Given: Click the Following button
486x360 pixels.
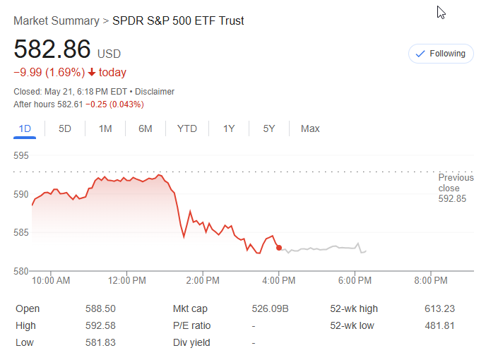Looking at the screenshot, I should coord(441,54).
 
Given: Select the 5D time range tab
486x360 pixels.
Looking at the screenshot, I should coord(65,128).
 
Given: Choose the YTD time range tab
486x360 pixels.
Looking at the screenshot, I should coord(187,128).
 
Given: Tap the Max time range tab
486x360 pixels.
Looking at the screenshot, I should coord(310,128).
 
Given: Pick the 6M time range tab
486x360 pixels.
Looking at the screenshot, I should coord(146,128).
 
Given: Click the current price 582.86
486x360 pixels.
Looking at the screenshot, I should coord(52,49).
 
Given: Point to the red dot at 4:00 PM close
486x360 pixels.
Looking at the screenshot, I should coord(279,248).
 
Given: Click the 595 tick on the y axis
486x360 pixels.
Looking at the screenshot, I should coord(21,155).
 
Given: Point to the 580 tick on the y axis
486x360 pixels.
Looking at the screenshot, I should coord(21,271).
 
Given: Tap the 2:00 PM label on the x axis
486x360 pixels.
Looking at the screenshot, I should coord(203,281).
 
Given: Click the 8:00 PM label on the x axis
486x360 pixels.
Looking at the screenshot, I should coord(431,281).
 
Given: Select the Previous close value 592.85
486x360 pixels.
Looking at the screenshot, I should coord(452,199).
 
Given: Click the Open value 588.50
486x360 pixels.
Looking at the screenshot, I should coord(101,308).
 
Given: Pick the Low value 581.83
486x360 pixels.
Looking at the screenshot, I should coord(101,342).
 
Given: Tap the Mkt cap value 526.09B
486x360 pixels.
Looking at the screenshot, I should coord(269,308).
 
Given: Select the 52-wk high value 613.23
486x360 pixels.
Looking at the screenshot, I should coord(440,308).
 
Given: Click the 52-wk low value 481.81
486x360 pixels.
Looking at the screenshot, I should coord(440,325).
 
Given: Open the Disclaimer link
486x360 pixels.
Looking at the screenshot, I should coord(155,92).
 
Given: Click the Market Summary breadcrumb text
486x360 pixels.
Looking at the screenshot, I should coord(57,21).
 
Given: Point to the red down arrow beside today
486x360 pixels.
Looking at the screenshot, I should coord(92,72).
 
